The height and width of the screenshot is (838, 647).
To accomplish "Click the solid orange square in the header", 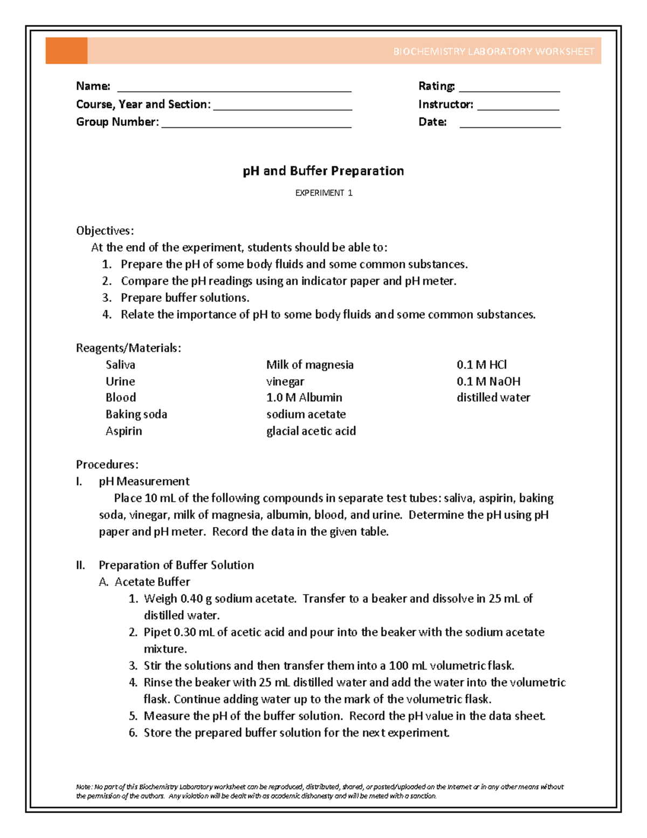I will click(x=66, y=51).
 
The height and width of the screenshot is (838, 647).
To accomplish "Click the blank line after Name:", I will click(x=234, y=90).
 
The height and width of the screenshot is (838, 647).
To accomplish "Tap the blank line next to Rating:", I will click(x=509, y=90).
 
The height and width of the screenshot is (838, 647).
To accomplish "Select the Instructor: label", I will click(x=445, y=104).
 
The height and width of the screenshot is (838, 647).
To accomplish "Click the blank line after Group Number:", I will click(x=256, y=126).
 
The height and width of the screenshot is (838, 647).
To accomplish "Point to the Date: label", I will click(x=432, y=122).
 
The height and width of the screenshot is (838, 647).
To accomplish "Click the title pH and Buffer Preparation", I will click(x=323, y=171).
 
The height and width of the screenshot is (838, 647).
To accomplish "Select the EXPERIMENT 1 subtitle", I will click(x=323, y=193).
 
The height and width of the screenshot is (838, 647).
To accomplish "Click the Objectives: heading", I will click(x=105, y=231).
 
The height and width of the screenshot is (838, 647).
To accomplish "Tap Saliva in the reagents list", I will click(x=120, y=365).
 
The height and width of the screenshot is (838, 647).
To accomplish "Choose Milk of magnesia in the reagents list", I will click(x=309, y=365).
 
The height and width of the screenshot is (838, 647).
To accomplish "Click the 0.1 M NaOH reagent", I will click(x=488, y=381).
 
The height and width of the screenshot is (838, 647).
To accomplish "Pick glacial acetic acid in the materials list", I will click(x=311, y=431).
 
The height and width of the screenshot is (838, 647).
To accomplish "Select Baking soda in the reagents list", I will click(x=136, y=414).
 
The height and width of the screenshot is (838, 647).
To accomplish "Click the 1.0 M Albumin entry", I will click(x=304, y=398).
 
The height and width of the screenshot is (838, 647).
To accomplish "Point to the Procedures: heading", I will click(x=107, y=465).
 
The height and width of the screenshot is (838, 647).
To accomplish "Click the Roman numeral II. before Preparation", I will click(x=80, y=565).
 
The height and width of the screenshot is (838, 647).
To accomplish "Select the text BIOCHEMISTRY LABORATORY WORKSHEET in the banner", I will click(x=493, y=52).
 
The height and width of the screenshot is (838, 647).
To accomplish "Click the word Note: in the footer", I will click(x=84, y=787).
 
